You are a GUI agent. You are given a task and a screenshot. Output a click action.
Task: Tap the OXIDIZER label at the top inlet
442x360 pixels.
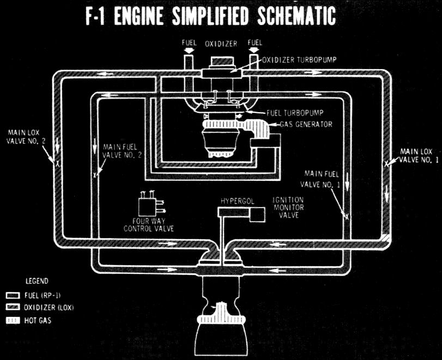pyautogui.click(x=221, y=44)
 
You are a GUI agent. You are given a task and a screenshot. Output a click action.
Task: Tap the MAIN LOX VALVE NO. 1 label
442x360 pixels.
pyautogui.click(x=419, y=155)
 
